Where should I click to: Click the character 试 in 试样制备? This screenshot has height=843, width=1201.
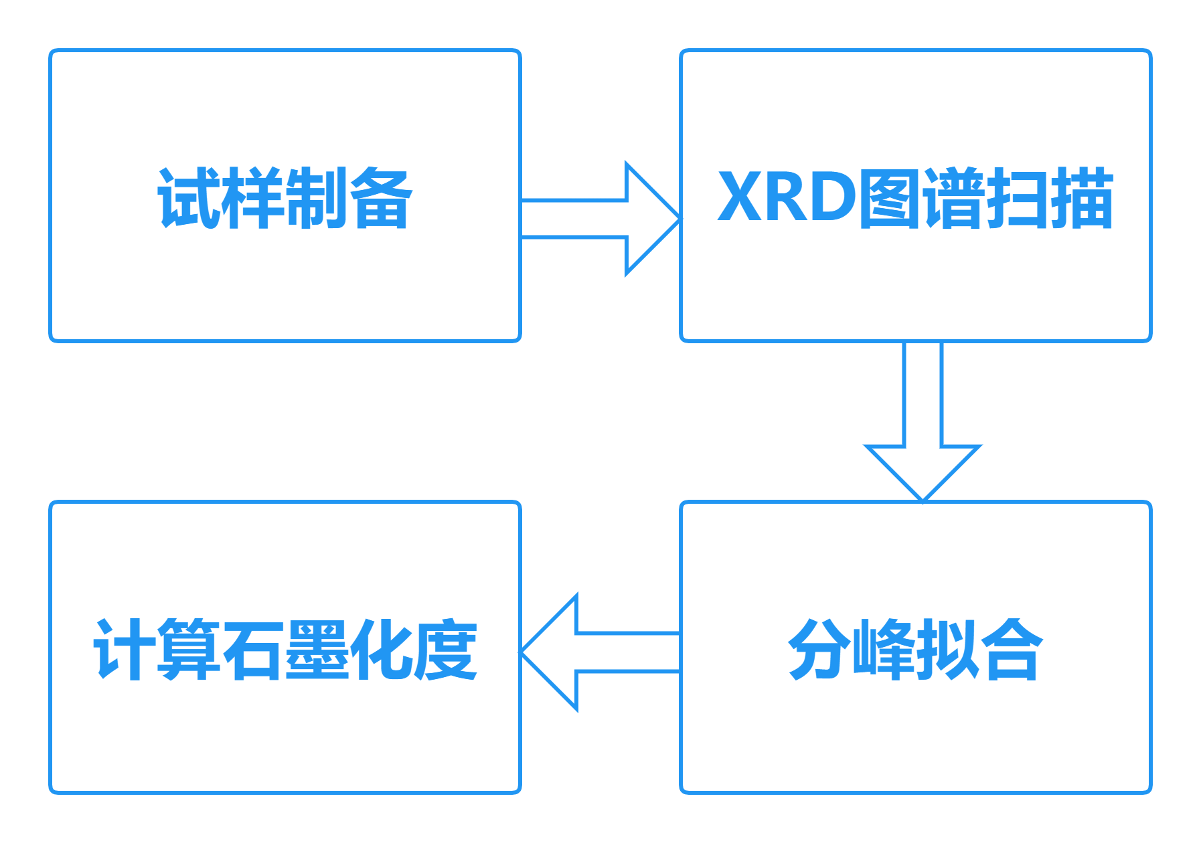tap(188, 198)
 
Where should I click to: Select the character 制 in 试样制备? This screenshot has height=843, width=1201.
tap(316, 198)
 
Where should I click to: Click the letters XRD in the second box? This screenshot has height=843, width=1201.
tap(787, 198)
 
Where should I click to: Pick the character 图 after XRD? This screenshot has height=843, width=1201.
tap(889, 198)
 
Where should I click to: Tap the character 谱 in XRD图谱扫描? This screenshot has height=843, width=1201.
tap(953, 198)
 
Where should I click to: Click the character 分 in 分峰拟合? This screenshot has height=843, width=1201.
tap(819, 650)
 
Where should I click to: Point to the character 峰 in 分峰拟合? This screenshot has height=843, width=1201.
tap(883, 650)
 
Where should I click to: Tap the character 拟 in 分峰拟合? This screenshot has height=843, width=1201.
tap(947, 650)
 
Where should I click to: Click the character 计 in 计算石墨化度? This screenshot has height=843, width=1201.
tap(125, 650)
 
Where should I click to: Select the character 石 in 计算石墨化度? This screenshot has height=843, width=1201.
tap(253, 650)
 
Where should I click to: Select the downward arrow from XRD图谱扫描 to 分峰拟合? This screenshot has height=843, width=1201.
tap(923, 421)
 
